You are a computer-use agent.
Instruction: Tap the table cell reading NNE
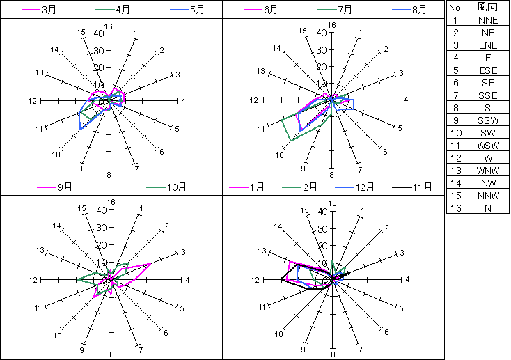487,20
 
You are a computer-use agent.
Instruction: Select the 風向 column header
487,7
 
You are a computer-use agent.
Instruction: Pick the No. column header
456,7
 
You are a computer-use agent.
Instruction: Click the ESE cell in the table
487,70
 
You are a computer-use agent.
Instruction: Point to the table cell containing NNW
487,196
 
